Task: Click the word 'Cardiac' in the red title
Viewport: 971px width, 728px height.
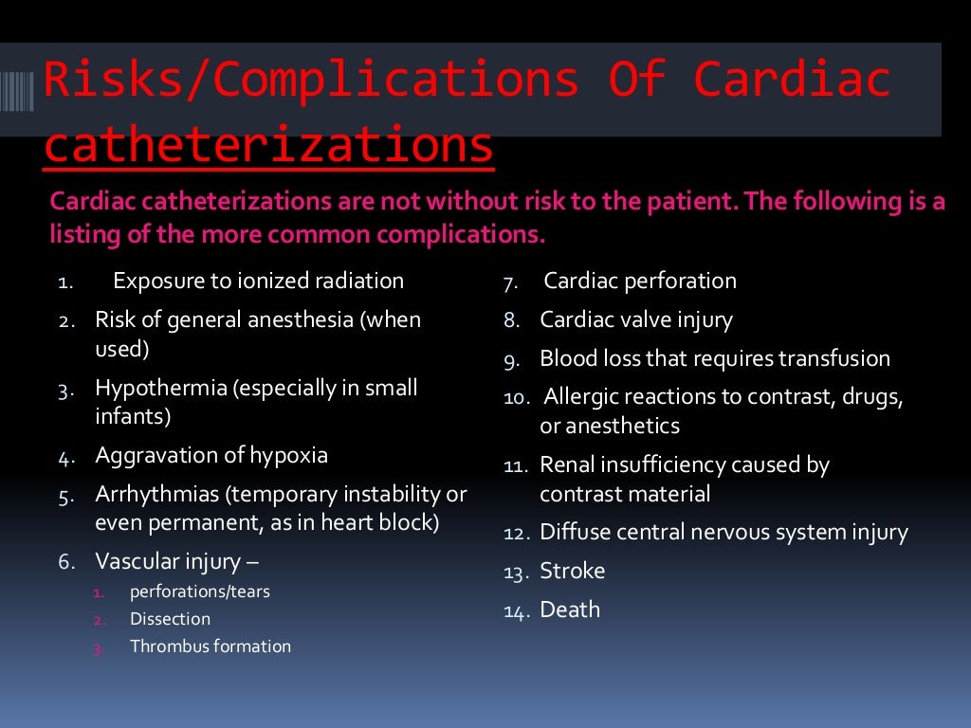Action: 792,80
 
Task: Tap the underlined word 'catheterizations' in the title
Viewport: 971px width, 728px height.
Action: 268,146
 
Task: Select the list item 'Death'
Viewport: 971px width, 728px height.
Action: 570,610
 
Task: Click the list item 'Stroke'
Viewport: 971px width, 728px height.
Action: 572,571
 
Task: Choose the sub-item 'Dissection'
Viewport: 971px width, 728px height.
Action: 171,619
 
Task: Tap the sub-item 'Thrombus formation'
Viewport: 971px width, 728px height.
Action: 211,646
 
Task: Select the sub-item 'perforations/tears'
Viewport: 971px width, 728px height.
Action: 199,591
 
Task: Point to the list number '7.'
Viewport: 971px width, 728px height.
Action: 509,282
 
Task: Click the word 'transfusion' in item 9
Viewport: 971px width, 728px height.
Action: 834,358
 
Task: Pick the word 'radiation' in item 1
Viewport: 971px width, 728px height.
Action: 357,281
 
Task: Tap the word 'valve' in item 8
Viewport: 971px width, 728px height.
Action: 645,319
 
